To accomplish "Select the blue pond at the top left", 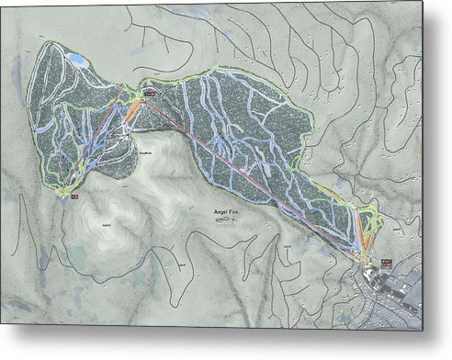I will click(x=77, y=61).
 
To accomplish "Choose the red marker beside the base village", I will click(x=387, y=263).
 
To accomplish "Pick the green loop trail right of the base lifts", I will click(x=372, y=220).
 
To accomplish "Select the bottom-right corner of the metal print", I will click(x=422, y=329).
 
